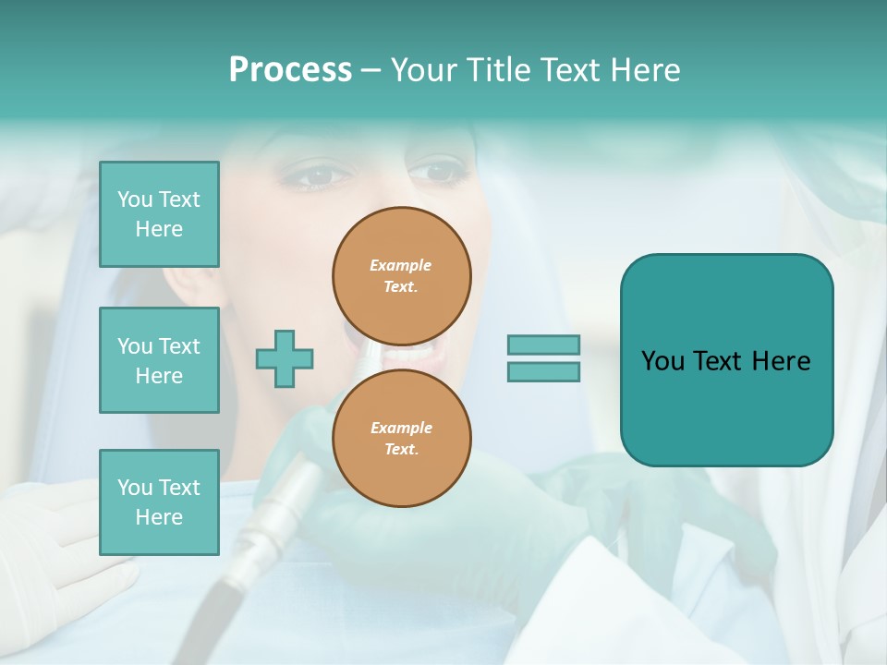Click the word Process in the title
(290, 70)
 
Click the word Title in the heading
(499, 70)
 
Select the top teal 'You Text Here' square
(159, 214)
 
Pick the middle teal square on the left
(159, 360)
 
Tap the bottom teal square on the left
(159, 502)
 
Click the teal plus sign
(285, 358)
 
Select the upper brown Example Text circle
(401, 276)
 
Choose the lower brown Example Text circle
(401, 439)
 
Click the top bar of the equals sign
(543, 345)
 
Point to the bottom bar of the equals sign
(543, 372)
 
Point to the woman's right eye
(314, 175)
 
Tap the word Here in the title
(643, 70)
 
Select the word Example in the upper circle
(401, 266)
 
